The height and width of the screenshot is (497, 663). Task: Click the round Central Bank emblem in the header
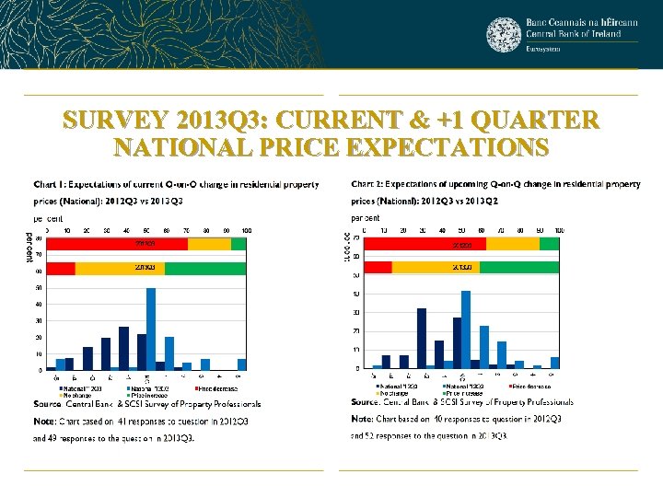click(x=504, y=35)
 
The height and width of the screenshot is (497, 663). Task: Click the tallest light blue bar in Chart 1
click(x=151, y=329)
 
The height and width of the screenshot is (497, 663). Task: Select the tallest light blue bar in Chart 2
click(x=466, y=329)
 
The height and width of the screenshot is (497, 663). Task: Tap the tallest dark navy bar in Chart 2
click(x=422, y=338)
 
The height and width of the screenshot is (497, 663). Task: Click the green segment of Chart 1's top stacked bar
click(x=238, y=244)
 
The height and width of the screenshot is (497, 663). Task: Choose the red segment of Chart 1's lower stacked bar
click(x=61, y=268)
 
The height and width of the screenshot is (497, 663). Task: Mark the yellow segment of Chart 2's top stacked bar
click(x=512, y=244)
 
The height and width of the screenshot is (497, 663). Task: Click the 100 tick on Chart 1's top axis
click(x=246, y=229)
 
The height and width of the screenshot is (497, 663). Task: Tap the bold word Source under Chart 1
click(x=47, y=404)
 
